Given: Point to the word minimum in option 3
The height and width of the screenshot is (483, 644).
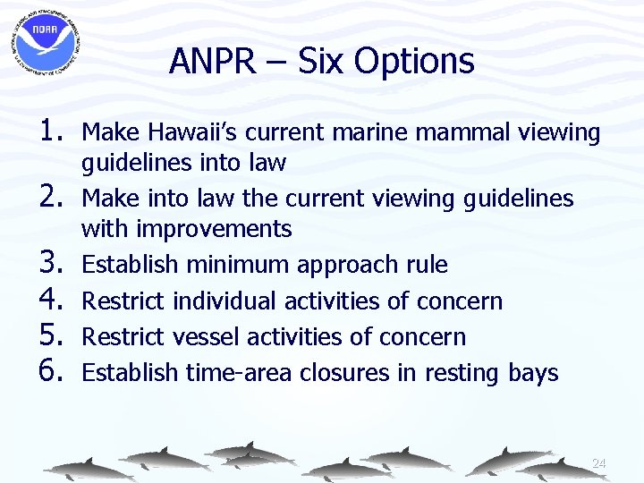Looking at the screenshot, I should click(239, 265).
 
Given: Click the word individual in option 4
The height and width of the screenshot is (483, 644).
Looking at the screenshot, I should click(223, 301).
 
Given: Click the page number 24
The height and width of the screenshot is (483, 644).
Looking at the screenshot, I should click(598, 463).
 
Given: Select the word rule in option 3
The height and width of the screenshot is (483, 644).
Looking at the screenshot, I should click(426, 265).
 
